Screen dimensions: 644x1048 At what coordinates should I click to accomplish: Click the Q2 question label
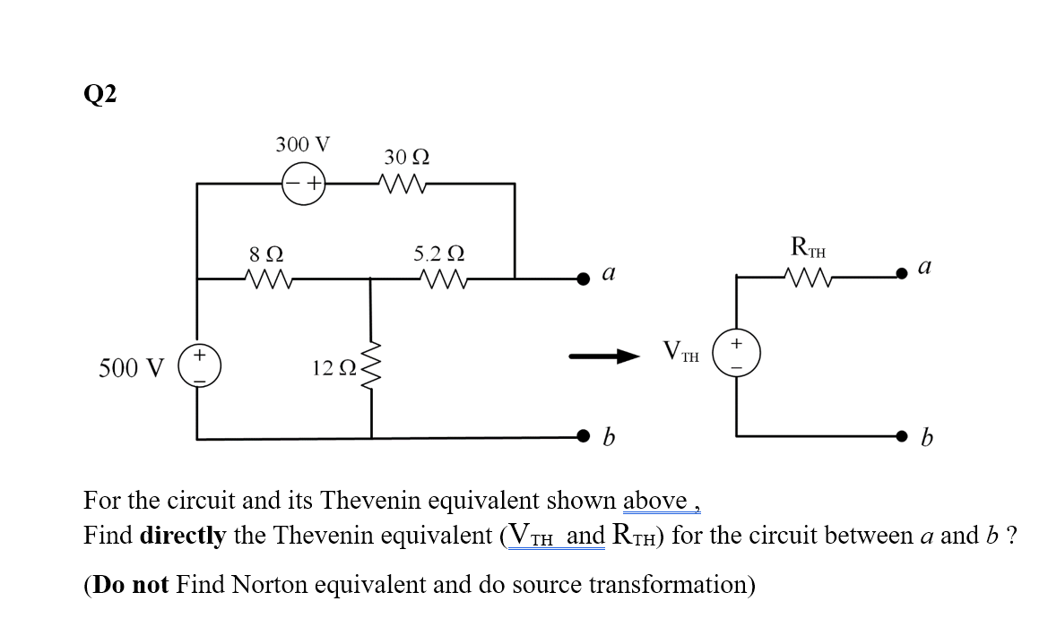(101, 93)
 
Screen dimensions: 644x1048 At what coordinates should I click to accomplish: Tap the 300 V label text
(302, 144)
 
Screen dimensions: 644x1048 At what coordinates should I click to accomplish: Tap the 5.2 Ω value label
(439, 253)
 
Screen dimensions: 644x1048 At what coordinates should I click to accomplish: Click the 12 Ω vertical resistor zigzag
(371, 367)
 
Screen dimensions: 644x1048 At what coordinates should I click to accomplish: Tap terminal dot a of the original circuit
(584, 279)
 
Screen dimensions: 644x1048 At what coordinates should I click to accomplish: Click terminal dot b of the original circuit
(584, 438)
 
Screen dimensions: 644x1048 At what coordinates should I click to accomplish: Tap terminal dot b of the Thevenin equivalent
(905, 438)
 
